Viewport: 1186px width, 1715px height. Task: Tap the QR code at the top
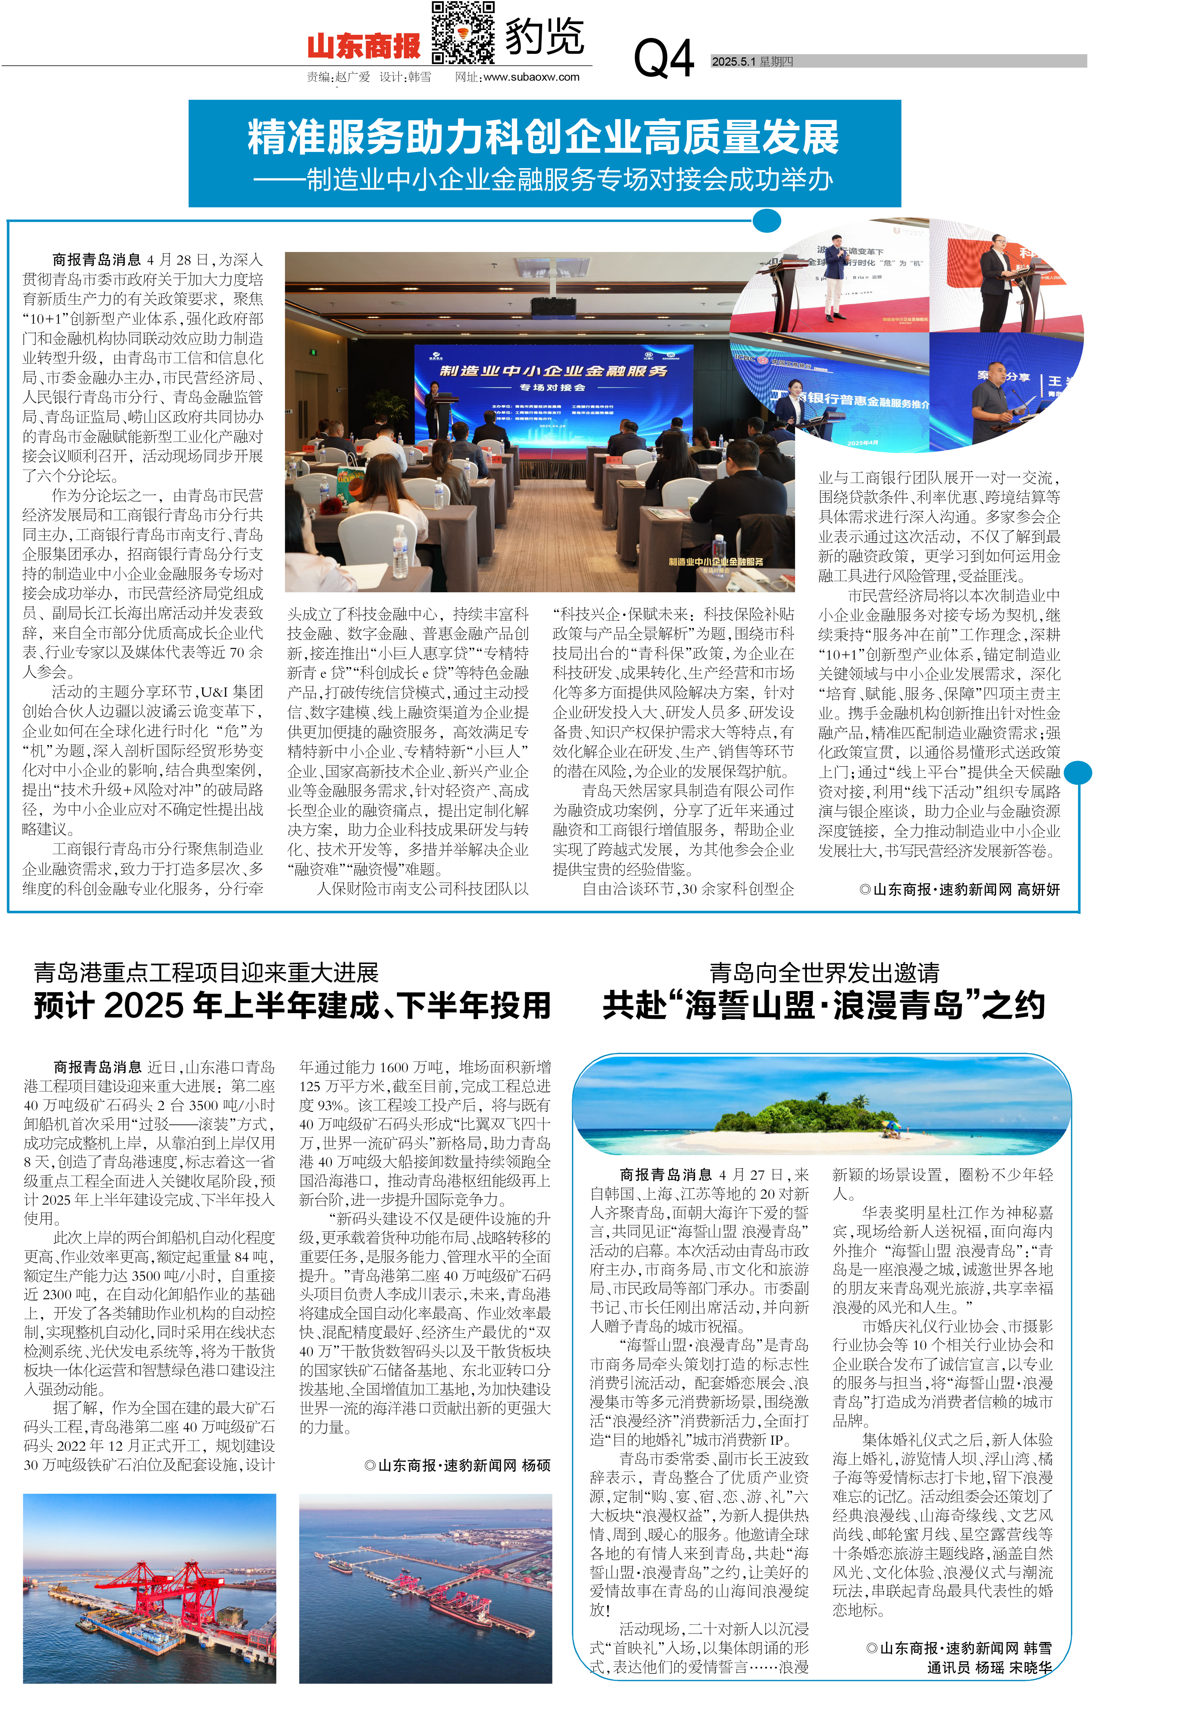click(463, 33)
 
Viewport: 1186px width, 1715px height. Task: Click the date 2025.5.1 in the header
click(732, 62)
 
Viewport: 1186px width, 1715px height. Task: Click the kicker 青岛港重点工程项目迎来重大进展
click(207, 972)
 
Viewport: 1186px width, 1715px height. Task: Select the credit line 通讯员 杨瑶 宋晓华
click(989, 1668)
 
